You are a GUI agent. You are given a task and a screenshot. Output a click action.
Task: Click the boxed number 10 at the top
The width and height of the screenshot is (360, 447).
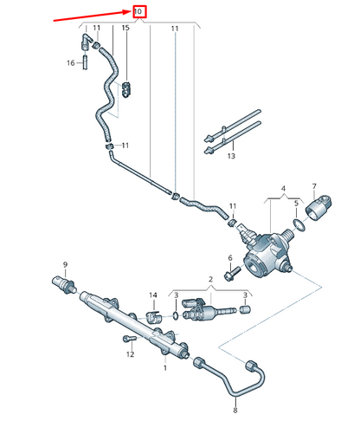pos(138,11)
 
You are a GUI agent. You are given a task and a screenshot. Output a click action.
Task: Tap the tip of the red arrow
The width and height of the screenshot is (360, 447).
pos(130,10)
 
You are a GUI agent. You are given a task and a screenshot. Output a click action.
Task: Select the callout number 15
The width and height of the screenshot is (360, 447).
pos(125,29)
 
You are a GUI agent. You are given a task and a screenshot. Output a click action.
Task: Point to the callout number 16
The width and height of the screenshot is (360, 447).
pos(72,62)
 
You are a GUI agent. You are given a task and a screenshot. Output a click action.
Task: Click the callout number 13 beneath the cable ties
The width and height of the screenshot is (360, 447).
pos(230,158)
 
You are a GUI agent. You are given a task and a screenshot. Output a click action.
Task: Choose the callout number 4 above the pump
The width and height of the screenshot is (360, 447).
pos(281,188)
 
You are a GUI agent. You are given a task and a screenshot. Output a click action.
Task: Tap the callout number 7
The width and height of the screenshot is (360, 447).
pos(314,187)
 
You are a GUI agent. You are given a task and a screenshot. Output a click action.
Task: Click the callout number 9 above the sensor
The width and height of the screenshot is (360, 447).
pos(64,263)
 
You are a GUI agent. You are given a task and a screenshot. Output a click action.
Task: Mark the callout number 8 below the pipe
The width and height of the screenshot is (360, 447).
pos(235,410)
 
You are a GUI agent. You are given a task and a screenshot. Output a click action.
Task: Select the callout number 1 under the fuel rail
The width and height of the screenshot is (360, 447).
pos(164,367)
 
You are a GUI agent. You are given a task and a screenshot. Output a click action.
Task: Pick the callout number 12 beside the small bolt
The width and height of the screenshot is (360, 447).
pos(131,353)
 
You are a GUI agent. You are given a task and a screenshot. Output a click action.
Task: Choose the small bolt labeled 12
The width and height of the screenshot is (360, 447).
pos(127,338)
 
